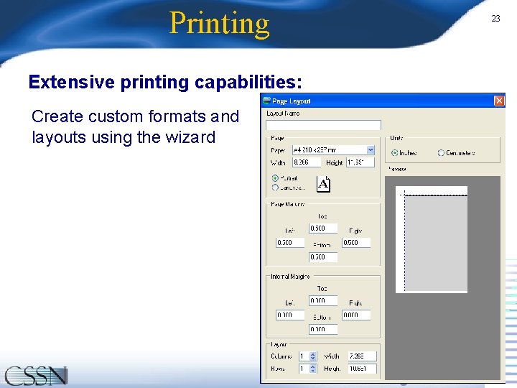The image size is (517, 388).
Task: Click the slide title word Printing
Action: [219, 23]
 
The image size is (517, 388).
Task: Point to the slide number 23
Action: [495, 19]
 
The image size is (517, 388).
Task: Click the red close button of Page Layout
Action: [499, 101]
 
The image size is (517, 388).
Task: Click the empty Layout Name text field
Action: [323, 125]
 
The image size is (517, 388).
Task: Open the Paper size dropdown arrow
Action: [371, 149]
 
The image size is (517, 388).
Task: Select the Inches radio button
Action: [395, 153]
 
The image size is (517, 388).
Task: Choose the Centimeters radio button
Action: [441, 153]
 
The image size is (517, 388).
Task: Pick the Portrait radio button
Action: [275, 177]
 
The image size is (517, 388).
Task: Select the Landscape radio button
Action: [275, 188]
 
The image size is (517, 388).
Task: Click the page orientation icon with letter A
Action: [324, 184]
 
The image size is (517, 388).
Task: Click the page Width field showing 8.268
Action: [306, 163]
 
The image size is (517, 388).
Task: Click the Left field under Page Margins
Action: [289, 243]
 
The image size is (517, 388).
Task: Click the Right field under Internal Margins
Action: [355, 315]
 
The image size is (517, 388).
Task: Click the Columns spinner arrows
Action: [313, 356]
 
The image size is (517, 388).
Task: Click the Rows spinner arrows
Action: [313, 369]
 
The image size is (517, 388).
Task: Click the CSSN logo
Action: [36, 376]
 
